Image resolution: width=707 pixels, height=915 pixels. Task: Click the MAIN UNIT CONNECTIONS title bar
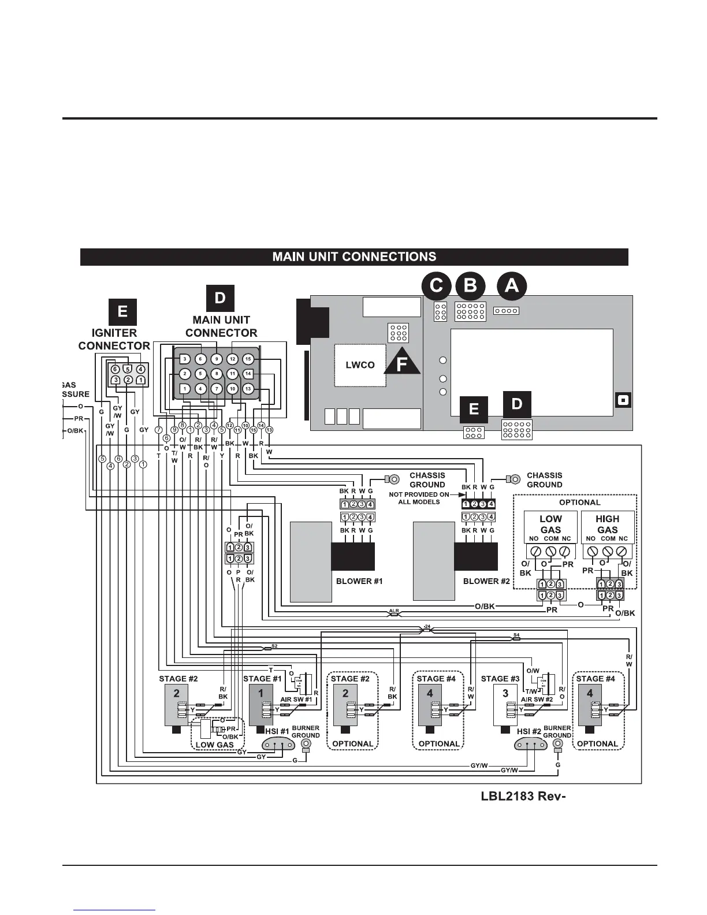pyautogui.click(x=353, y=256)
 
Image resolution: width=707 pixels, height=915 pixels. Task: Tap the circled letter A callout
pyautogui.click(x=512, y=286)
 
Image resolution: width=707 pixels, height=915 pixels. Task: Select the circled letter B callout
pyautogui.click(x=470, y=286)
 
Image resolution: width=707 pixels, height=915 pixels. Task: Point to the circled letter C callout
pyautogui.click(x=437, y=286)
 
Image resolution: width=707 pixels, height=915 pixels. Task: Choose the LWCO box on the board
pyautogui.click(x=360, y=365)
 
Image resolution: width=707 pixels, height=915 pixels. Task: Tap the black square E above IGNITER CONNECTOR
pyautogui.click(x=122, y=312)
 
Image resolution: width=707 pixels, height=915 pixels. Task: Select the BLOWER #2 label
pyautogui.click(x=486, y=581)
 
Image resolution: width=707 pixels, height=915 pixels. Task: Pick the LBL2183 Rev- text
pyautogui.click(x=522, y=796)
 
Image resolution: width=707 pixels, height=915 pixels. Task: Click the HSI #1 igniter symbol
pyautogui.click(x=278, y=745)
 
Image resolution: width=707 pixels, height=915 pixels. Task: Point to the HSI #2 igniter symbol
pyautogui.click(x=530, y=745)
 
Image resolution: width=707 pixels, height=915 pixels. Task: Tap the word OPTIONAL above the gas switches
pyautogui.click(x=579, y=503)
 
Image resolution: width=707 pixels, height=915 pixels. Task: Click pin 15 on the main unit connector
pyautogui.click(x=248, y=359)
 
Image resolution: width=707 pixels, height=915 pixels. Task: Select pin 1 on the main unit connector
pyautogui.click(x=185, y=389)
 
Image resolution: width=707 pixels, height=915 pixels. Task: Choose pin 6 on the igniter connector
pyautogui.click(x=115, y=369)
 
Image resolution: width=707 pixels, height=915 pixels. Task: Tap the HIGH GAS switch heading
pyautogui.click(x=607, y=524)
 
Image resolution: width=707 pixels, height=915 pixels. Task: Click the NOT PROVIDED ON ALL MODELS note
pyautogui.click(x=419, y=498)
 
